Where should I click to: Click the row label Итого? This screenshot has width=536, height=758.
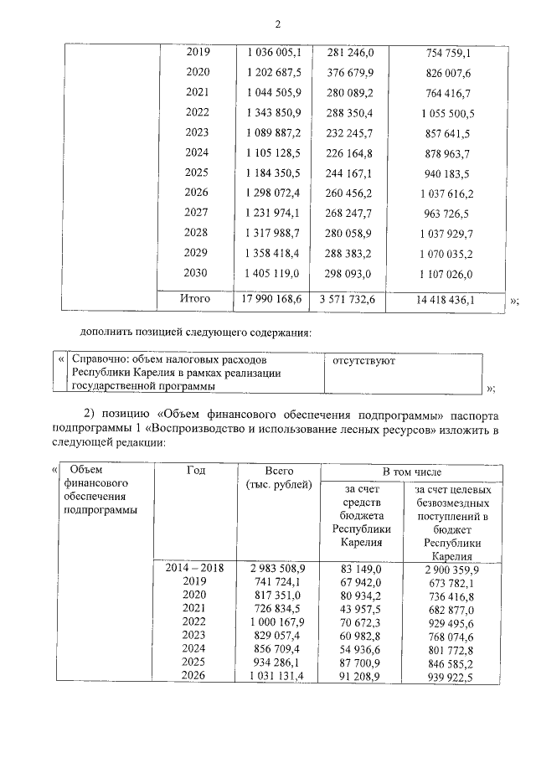197,298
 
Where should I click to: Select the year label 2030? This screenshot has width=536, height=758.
197,273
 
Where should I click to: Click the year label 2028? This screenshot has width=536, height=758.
197,233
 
